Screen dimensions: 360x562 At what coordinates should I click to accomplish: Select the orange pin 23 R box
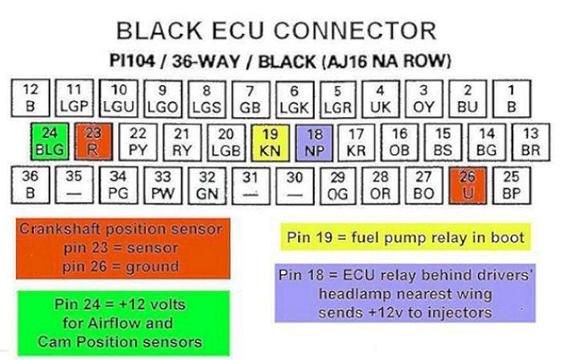tap(91, 142)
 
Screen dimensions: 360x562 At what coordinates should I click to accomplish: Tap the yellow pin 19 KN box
tap(269, 142)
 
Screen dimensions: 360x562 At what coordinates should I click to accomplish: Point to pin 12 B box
tap(30, 98)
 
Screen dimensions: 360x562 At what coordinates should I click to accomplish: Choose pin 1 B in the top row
tap(511, 98)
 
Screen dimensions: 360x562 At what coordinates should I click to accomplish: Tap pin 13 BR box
tap(530, 142)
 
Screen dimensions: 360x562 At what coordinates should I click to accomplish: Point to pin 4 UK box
tap(380, 98)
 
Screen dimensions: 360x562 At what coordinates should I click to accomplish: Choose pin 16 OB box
tap(399, 142)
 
